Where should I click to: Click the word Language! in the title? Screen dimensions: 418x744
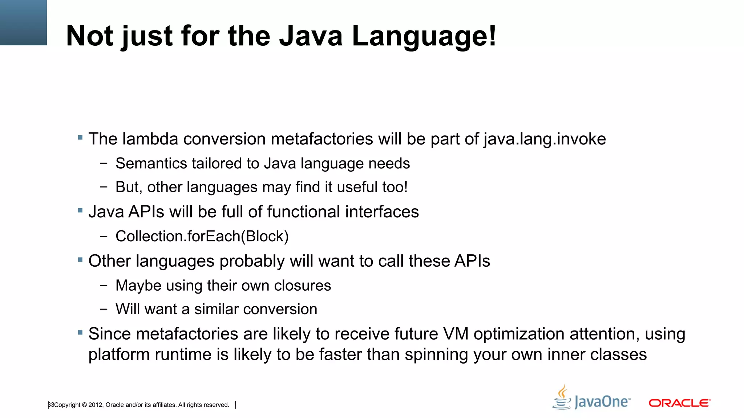(x=424, y=36)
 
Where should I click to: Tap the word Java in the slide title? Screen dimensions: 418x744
(x=311, y=36)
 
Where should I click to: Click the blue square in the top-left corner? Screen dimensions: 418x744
(x=23, y=22)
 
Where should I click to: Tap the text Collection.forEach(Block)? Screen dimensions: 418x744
(x=202, y=237)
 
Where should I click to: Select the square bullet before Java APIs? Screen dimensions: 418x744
(x=80, y=210)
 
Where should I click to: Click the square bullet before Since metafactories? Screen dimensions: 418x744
(x=80, y=332)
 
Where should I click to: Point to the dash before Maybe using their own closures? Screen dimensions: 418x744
(x=104, y=286)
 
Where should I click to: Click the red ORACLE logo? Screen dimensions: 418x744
(x=679, y=403)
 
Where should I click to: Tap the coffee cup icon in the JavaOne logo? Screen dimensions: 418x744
(x=562, y=398)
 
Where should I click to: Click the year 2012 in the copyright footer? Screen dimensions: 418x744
(x=96, y=405)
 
